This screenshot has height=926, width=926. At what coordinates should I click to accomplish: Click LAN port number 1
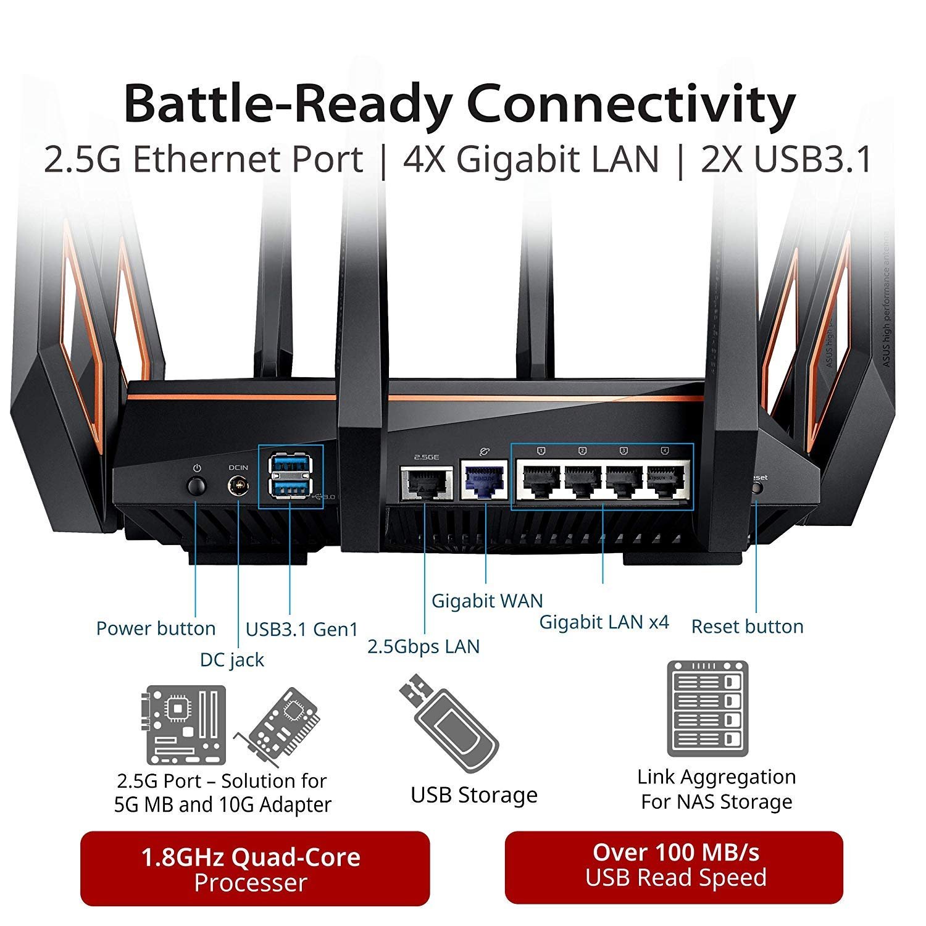[541, 480]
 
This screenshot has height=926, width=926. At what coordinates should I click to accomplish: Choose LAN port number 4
[665, 480]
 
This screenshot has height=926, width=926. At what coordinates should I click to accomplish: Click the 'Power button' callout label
[156, 628]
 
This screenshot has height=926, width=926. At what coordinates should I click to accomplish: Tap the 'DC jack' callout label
[231, 660]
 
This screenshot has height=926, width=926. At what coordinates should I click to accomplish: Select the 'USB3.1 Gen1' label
[302, 629]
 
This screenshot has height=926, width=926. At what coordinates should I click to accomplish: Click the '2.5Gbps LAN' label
[423, 646]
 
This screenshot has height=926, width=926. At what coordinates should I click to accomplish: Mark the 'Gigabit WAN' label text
[487, 601]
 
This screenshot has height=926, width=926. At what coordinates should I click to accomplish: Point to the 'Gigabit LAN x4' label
[604, 622]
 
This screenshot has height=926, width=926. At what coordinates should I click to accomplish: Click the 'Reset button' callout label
[747, 627]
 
